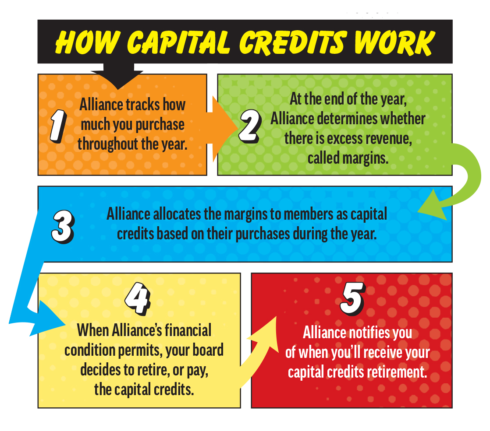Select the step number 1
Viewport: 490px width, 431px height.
click(58, 126)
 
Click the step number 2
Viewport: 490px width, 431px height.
click(250, 126)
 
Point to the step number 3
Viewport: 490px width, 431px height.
click(63, 227)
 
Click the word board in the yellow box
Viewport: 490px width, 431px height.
click(207, 350)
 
